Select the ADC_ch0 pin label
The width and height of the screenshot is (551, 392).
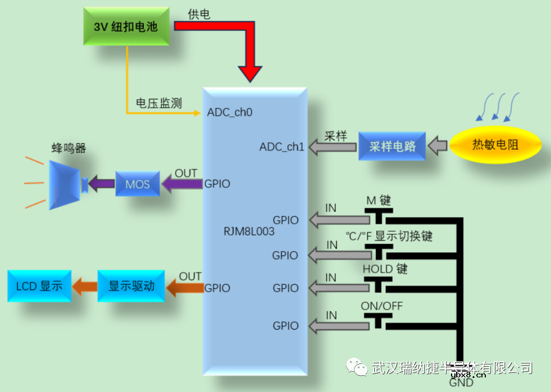click(230, 112)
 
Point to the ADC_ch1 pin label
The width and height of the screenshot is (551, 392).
click(281, 147)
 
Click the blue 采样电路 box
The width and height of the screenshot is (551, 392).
click(392, 147)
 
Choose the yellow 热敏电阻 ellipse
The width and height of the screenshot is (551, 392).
click(495, 145)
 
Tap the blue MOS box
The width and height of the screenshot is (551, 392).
click(137, 184)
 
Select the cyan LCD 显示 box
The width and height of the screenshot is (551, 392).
click(39, 285)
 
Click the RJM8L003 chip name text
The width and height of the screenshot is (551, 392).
click(248, 231)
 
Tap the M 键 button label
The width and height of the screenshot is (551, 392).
click(379, 200)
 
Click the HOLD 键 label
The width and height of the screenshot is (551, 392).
click(385, 269)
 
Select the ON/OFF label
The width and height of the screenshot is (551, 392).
click(382, 306)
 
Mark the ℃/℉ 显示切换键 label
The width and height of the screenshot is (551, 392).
click(389, 236)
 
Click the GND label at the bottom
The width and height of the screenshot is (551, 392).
click(461, 384)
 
